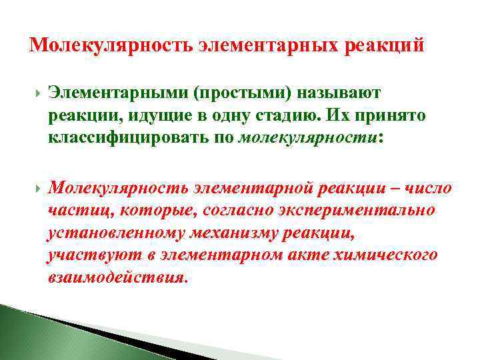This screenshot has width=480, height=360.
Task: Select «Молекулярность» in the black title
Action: coord(111,47)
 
